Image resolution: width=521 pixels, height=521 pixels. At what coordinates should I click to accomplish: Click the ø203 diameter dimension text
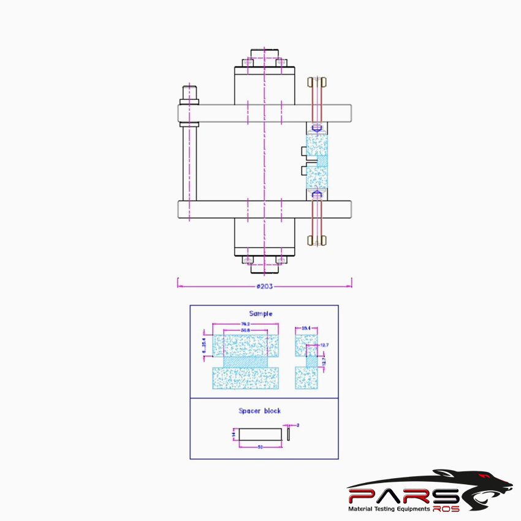[x=264, y=286]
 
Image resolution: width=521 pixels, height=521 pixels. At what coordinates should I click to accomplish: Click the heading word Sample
[x=260, y=314]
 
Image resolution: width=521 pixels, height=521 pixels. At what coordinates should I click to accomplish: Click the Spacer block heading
[x=260, y=411]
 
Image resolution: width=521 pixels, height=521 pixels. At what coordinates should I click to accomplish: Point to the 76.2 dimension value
[x=245, y=324]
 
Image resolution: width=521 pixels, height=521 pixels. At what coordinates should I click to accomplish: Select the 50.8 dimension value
[x=245, y=330]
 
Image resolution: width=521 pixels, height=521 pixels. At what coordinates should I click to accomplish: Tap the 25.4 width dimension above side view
[x=306, y=329]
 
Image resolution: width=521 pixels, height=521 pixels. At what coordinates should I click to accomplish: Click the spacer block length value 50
[x=260, y=447]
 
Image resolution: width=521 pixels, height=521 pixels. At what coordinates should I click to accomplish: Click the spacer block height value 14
[x=234, y=435]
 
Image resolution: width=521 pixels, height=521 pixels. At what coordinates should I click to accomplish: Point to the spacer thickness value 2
[x=297, y=425]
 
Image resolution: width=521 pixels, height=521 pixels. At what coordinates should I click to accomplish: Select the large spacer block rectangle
[x=260, y=435]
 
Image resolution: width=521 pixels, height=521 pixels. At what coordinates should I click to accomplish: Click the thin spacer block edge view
[x=287, y=434]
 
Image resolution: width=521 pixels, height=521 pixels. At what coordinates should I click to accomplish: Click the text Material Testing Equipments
[x=389, y=509]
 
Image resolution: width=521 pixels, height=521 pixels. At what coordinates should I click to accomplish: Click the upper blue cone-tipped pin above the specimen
[x=317, y=129]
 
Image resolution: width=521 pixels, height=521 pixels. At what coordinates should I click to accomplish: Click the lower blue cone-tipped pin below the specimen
[x=317, y=194]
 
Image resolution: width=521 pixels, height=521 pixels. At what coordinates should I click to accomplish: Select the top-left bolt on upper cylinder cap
[x=248, y=63]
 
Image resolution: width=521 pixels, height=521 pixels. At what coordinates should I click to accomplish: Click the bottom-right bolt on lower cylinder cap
[x=281, y=260]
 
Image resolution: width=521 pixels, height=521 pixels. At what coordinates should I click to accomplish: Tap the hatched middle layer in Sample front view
[x=245, y=362]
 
